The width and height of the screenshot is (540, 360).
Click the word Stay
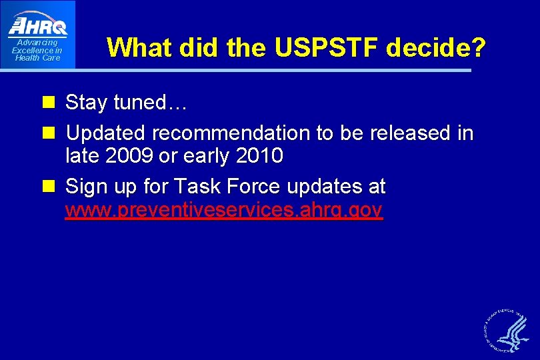point(87,103)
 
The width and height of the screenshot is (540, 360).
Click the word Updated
point(107,133)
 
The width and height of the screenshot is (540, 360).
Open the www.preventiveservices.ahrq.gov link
point(223,211)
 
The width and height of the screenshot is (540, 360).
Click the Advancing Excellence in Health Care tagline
point(37,51)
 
